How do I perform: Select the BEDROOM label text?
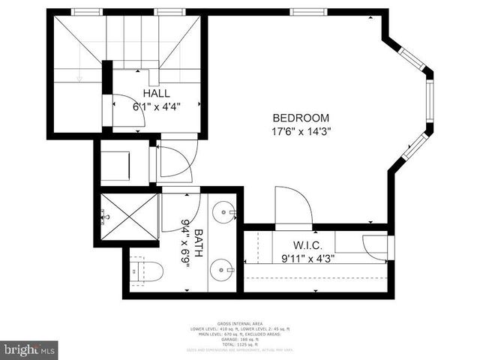(301, 118)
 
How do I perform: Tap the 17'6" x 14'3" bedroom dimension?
(301, 130)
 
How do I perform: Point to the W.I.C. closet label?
(307, 245)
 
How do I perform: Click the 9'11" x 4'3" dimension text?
(307, 259)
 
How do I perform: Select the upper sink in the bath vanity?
(223, 214)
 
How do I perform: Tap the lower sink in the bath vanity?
(223, 268)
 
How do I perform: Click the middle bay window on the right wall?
(429, 104)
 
